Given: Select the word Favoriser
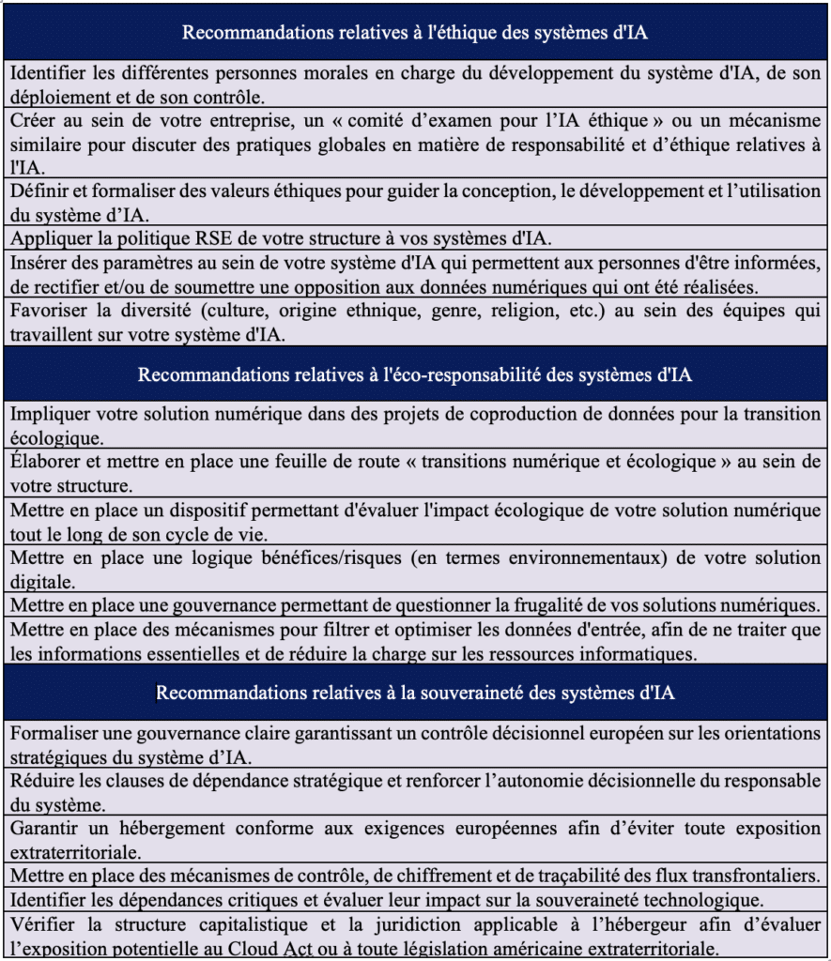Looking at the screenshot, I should coord(47,311).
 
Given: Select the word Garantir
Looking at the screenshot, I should coord(45,829).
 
